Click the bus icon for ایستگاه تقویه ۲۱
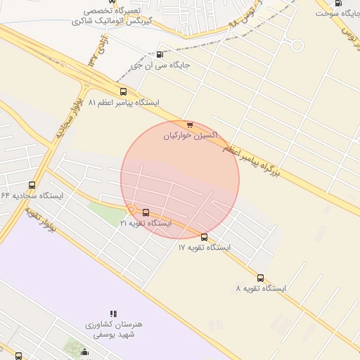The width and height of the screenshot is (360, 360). (146, 212)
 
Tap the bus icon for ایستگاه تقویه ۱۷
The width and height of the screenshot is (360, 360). (204, 237)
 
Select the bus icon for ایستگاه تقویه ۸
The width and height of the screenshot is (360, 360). (261, 278)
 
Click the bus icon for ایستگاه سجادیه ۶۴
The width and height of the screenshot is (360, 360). (32, 185)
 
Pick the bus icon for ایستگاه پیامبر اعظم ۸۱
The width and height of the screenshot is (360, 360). (124, 91)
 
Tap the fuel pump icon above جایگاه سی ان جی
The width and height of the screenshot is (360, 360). (160, 55)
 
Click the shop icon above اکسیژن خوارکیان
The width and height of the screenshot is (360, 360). (190, 124)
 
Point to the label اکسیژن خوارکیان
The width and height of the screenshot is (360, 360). (191, 134)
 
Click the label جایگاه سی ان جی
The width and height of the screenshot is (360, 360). (161, 66)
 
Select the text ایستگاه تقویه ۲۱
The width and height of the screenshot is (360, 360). (146, 223)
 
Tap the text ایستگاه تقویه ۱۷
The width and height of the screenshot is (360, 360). (204, 247)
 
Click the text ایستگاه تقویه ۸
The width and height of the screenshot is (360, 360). (261, 288)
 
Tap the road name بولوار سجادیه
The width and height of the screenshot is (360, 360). (66, 118)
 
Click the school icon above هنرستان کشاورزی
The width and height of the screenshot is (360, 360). (113, 314)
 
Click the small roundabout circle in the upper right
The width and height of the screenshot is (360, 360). (297, 46)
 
